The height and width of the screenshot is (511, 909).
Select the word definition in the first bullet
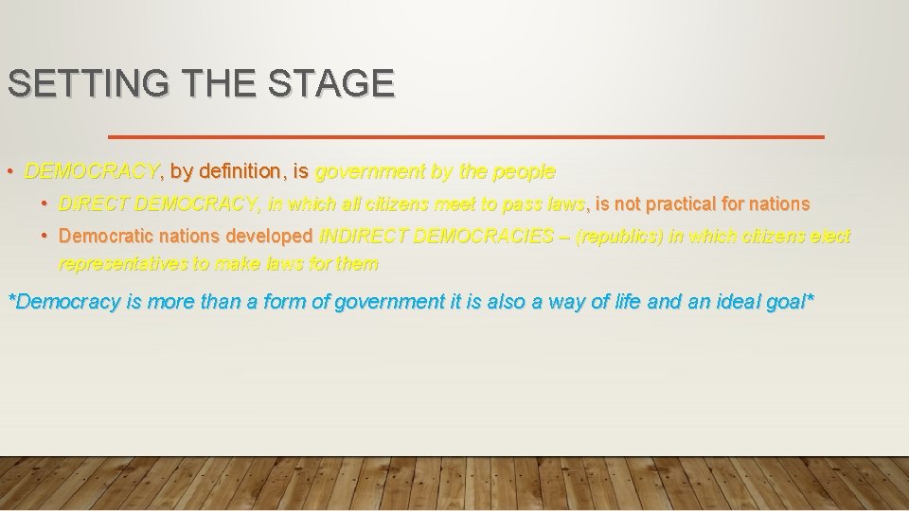[x=241, y=172]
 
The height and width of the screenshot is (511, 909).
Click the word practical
[x=686, y=203]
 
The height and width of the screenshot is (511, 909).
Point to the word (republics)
[x=618, y=236]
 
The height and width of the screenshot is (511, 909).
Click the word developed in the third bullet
[x=268, y=236]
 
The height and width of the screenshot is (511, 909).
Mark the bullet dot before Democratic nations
[x=45, y=236]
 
